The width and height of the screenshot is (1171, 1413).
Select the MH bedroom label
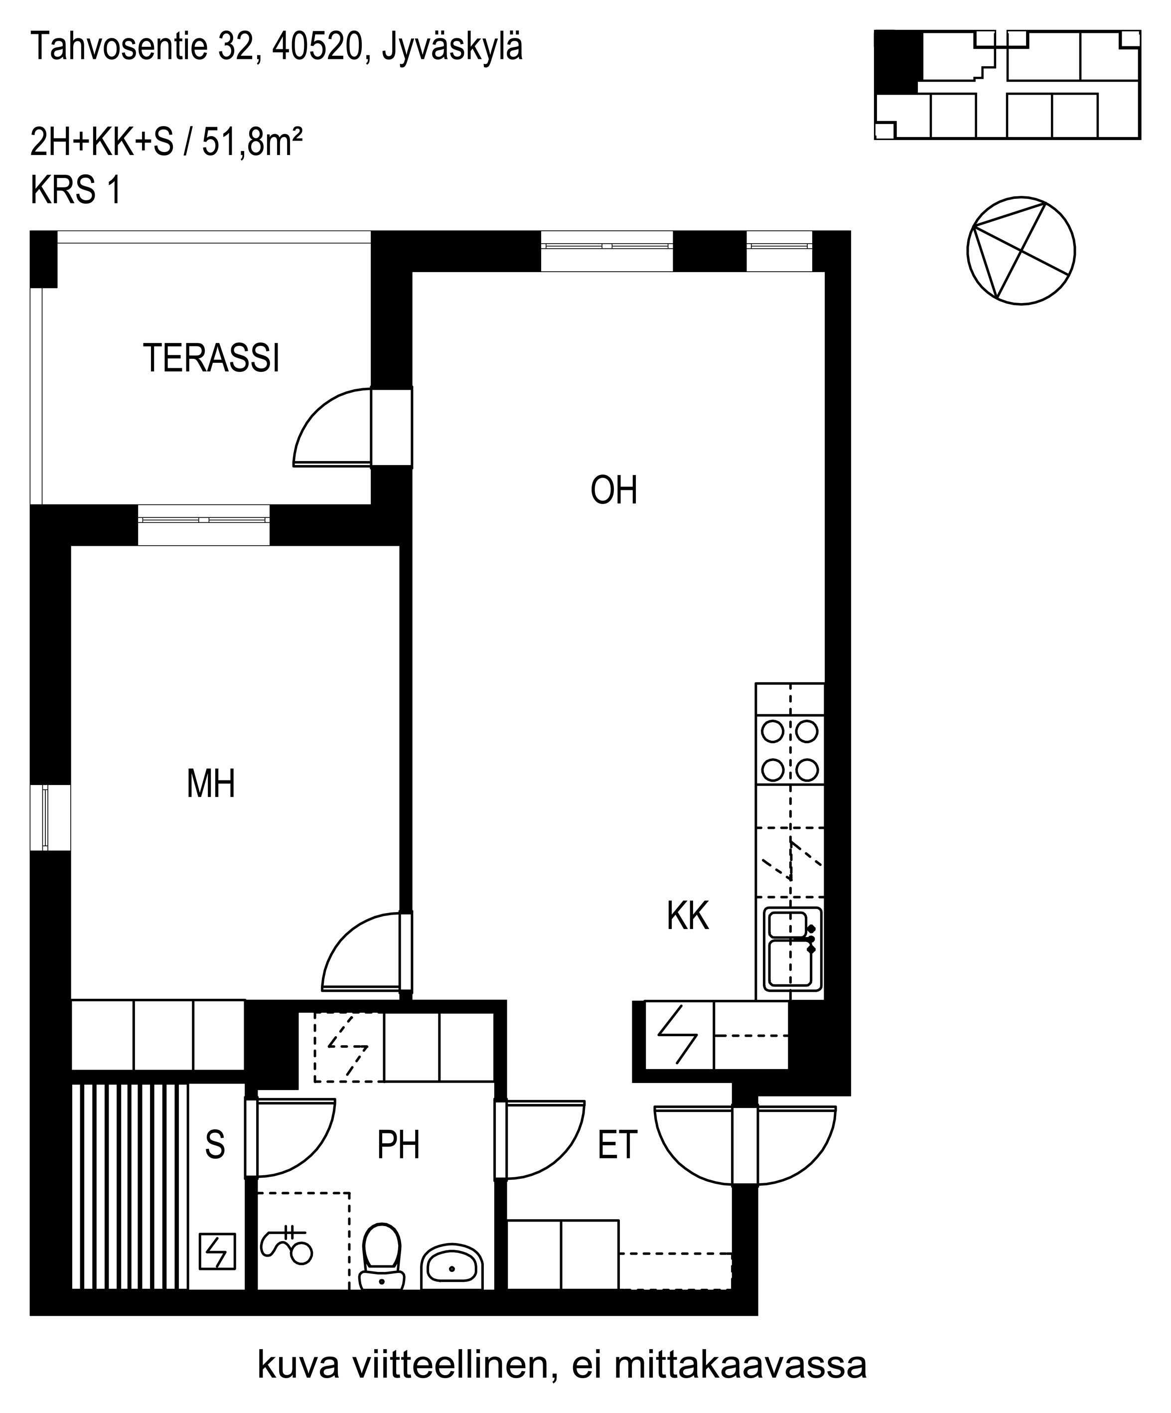coord(210,784)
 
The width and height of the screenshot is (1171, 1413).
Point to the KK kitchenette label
coord(687,917)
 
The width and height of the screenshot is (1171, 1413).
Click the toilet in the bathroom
coord(381,1256)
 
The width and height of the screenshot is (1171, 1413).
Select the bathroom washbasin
coord(452,1265)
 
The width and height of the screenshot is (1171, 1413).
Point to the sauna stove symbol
coord(218,1251)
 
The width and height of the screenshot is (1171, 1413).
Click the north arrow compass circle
coord(1021,250)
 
